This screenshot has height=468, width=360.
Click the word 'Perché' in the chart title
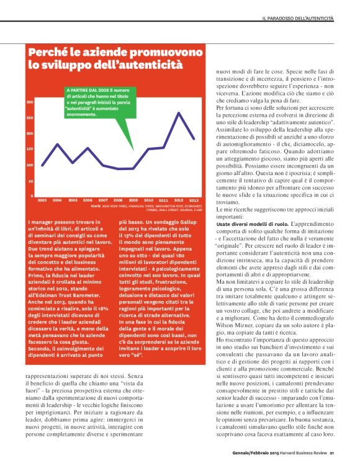pyautogui.click(x=52, y=52)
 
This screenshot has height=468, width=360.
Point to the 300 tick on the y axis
pyautogui.click(x=30, y=101)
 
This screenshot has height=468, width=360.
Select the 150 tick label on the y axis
pyautogui.click(x=30, y=149)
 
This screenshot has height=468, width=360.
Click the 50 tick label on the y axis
pyautogui.click(x=31, y=181)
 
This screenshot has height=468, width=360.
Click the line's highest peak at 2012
pyautogui.click(x=179, y=113)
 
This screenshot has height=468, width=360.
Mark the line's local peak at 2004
pyautogui.click(x=57, y=144)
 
